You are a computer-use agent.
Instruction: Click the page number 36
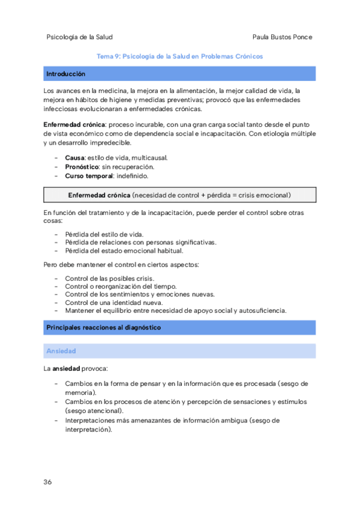(47, 482)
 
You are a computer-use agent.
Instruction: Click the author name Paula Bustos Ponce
(283, 37)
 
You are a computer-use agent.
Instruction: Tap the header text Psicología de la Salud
(79, 37)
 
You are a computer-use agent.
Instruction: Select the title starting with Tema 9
(179, 56)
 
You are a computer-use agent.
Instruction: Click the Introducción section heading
(65, 74)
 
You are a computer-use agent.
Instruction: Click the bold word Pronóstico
(82, 167)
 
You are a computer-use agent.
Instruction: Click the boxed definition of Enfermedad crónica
(179, 195)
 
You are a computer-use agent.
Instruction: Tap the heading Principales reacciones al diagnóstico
(103, 328)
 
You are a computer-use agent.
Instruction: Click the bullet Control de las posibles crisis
(109, 279)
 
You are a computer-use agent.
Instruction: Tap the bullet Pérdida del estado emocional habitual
(124, 250)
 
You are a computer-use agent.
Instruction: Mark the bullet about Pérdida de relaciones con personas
(140, 242)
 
